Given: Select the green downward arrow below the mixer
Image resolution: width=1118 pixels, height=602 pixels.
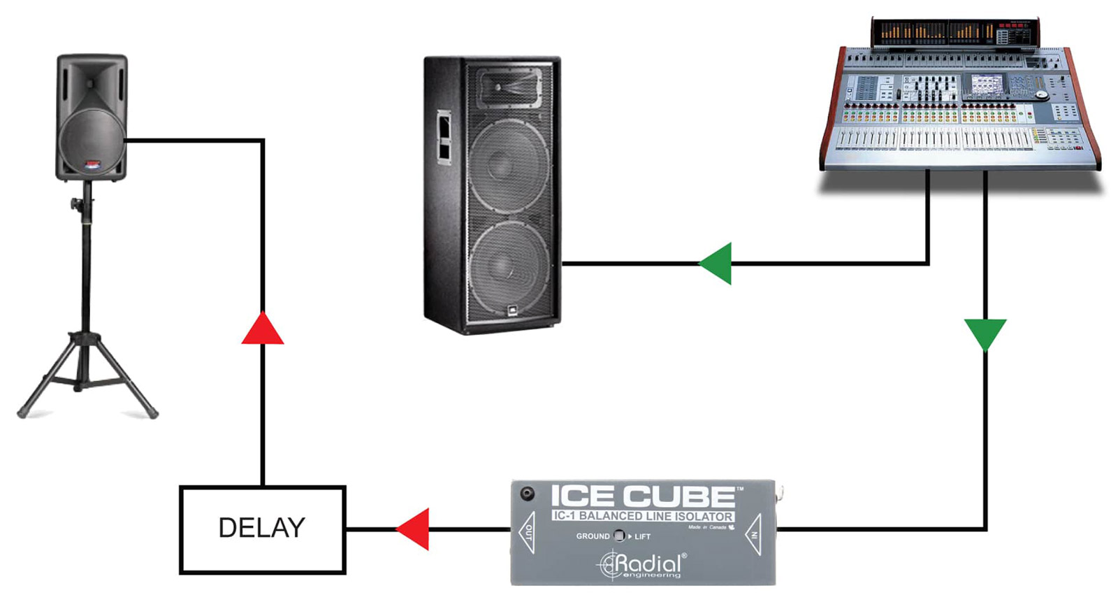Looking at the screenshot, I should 985,333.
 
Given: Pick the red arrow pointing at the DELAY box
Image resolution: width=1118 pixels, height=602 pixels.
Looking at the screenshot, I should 415,529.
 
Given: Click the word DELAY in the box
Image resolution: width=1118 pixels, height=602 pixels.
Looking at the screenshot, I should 262,528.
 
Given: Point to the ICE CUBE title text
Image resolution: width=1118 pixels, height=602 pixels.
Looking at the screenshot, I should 643,496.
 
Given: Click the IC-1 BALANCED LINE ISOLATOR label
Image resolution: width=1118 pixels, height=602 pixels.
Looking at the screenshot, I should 643,516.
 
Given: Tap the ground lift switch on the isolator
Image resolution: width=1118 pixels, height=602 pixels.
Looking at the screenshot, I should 619,536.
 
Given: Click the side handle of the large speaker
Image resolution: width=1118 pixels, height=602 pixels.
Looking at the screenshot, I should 444,136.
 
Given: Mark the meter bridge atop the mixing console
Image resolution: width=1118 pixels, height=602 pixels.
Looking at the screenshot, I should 954,32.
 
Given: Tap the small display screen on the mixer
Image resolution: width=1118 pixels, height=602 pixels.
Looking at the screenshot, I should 985,85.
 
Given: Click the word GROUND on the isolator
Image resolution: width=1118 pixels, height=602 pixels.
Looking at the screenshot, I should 593,536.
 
